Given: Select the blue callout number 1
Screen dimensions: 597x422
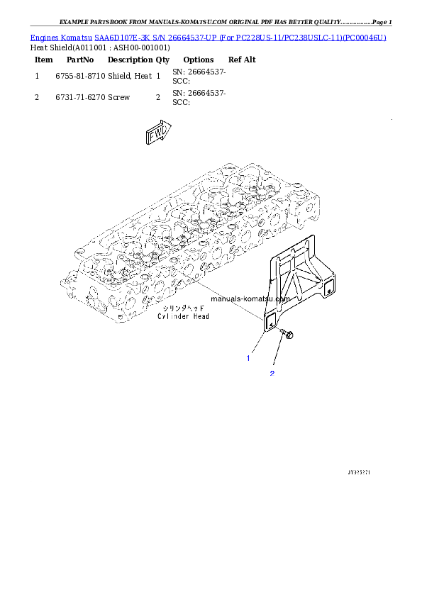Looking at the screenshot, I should tap(248, 358).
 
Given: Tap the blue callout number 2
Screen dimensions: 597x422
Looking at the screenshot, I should tap(271, 373).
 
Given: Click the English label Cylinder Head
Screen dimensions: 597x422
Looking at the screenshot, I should tap(182, 317).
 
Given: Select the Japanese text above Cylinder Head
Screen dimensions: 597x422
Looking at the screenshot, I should tap(182, 309).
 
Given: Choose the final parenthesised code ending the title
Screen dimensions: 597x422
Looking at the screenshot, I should tap(365, 37).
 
